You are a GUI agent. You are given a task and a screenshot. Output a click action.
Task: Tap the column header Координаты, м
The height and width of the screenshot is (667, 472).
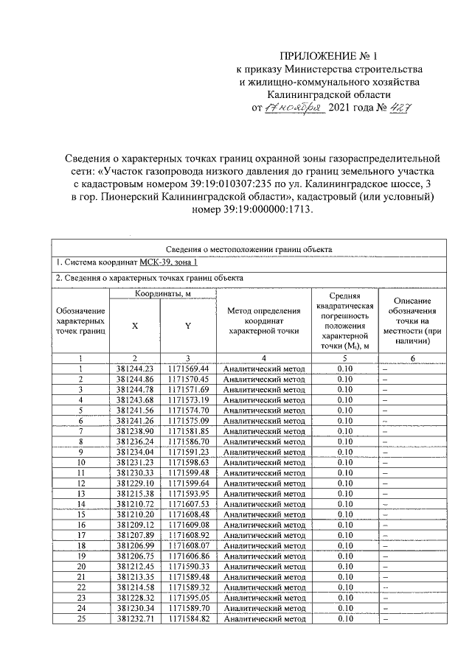(163, 294)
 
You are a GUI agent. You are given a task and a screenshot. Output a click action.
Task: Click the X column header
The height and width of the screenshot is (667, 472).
(134, 325)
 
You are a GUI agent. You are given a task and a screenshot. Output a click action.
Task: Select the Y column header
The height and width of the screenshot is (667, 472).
(187, 325)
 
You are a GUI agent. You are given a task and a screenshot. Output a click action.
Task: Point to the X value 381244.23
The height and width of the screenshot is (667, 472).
(134, 369)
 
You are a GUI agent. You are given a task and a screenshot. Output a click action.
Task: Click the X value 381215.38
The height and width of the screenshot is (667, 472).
(134, 492)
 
